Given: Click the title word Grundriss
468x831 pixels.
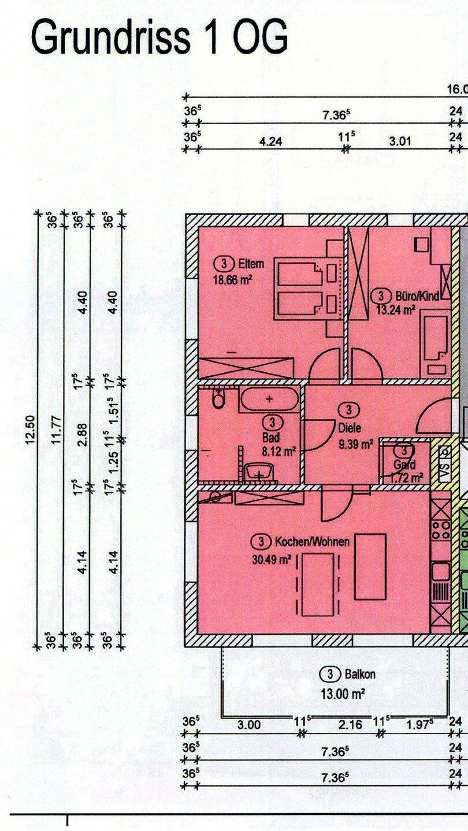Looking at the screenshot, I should (109, 38).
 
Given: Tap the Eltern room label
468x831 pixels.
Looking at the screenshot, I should (251, 264).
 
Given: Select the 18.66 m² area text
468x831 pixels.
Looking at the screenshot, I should (233, 280).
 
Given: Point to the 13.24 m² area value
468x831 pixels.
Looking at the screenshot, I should (396, 309).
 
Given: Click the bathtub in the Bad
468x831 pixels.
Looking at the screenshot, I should (269, 399).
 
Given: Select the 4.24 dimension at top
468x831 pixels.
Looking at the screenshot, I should (270, 141).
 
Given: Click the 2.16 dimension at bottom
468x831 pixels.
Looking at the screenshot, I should (348, 725).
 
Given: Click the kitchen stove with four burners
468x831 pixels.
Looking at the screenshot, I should (441, 530).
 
